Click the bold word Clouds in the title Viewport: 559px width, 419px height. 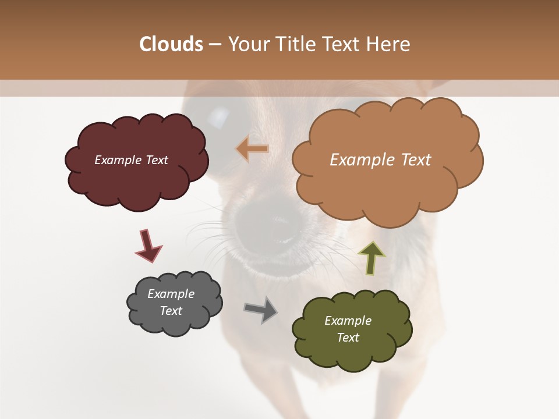pyautogui.click(x=171, y=44)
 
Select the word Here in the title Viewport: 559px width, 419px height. pyautogui.click(x=388, y=44)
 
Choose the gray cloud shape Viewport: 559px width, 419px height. pyautogui.click(x=175, y=323)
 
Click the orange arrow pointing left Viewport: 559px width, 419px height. pyautogui.click(x=252, y=150)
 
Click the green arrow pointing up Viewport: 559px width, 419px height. pyautogui.click(x=372, y=257)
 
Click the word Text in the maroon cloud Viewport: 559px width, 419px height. pyautogui.click(x=157, y=160)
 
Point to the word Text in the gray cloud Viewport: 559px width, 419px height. pyautogui.click(x=171, y=311)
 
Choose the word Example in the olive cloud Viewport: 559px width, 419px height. pyautogui.click(x=348, y=321)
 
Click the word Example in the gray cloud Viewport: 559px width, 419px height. pyautogui.click(x=171, y=294)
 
